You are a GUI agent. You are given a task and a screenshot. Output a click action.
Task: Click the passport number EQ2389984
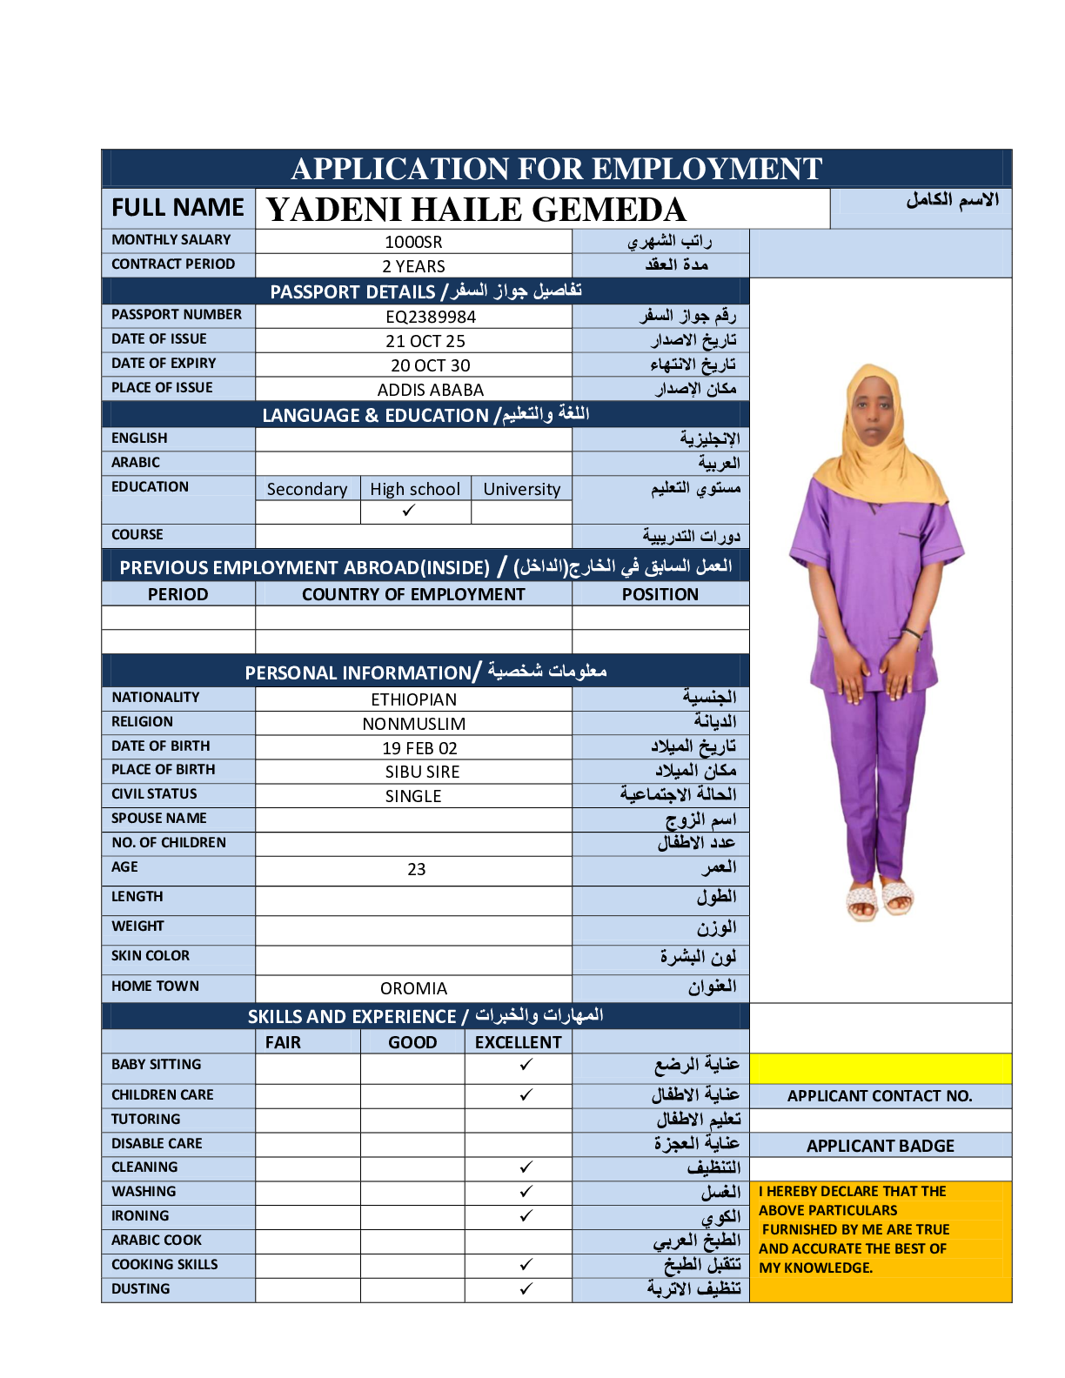[431, 317]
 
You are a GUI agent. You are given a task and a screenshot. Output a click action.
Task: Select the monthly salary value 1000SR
[413, 242]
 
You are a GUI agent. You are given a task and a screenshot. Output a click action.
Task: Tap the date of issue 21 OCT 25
[425, 341]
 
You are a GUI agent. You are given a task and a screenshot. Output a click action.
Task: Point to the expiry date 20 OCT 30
[430, 365]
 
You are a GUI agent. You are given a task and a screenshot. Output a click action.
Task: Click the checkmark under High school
[409, 511]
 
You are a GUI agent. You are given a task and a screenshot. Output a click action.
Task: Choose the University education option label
[521, 489]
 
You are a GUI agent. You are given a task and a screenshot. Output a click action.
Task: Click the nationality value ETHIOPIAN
[413, 699]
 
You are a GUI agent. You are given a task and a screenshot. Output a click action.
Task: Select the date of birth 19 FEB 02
[419, 748]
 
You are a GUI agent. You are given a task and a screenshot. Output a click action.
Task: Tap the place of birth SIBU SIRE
[422, 772]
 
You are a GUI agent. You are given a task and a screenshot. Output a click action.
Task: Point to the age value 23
[417, 869]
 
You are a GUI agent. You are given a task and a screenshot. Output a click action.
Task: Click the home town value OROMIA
[413, 988]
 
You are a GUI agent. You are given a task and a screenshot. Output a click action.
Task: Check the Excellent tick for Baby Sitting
[526, 1065]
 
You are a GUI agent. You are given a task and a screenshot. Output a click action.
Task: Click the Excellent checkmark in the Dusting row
[526, 1289]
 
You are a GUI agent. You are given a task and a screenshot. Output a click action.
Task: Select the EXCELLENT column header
[519, 1042]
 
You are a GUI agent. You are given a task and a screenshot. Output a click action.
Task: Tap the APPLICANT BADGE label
[880, 1146]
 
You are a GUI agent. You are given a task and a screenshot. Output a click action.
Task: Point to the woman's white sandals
[880, 899]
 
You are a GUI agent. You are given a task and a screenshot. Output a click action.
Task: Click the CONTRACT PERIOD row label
[173, 264]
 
